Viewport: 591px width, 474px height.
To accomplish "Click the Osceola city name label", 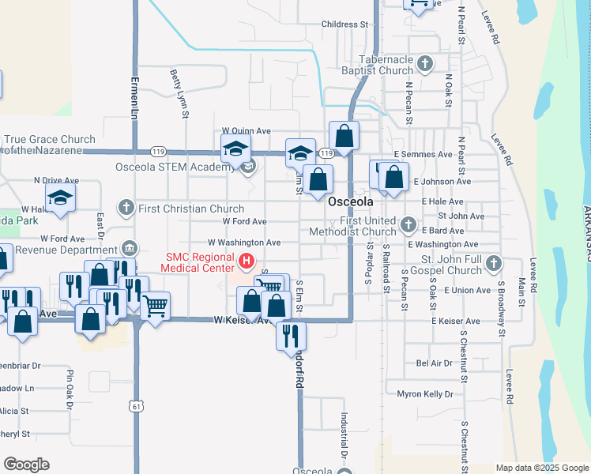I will pyautogui.click(x=351, y=201).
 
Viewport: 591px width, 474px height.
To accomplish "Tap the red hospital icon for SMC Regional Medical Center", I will pyautogui.click(x=247, y=260).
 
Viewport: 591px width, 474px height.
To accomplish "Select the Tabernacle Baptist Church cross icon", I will pyautogui.click(x=426, y=63).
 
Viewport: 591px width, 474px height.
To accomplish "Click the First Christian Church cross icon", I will pyautogui.click(x=125, y=209).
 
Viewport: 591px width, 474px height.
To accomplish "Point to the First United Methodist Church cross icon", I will pyautogui.click(x=408, y=225).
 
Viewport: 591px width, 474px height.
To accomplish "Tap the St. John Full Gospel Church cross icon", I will pyautogui.click(x=494, y=263).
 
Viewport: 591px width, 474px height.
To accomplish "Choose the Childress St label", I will pyautogui.click(x=345, y=24).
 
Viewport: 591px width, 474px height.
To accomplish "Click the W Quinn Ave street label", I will pyautogui.click(x=247, y=130).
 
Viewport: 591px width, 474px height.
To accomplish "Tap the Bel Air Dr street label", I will pyautogui.click(x=434, y=363).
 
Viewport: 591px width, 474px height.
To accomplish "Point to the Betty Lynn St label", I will pyautogui.click(x=179, y=93).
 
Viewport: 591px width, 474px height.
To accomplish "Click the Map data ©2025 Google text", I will pyautogui.click(x=542, y=468).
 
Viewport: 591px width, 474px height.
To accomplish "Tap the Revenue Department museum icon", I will pyautogui.click(x=130, y=250).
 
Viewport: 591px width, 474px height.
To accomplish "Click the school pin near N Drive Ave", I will pyautogui.click(x=60, y=197).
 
